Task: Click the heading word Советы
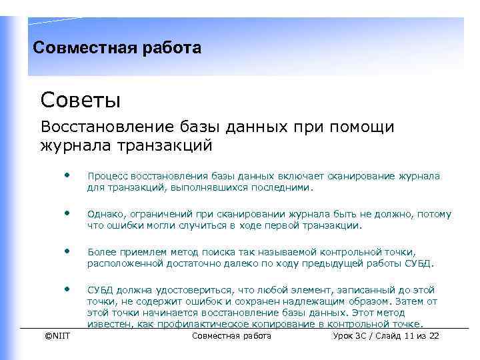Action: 80,101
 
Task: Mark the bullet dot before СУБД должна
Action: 67,289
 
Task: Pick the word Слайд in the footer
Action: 386,335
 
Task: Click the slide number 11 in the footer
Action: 409,335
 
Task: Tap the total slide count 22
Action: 433,335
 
